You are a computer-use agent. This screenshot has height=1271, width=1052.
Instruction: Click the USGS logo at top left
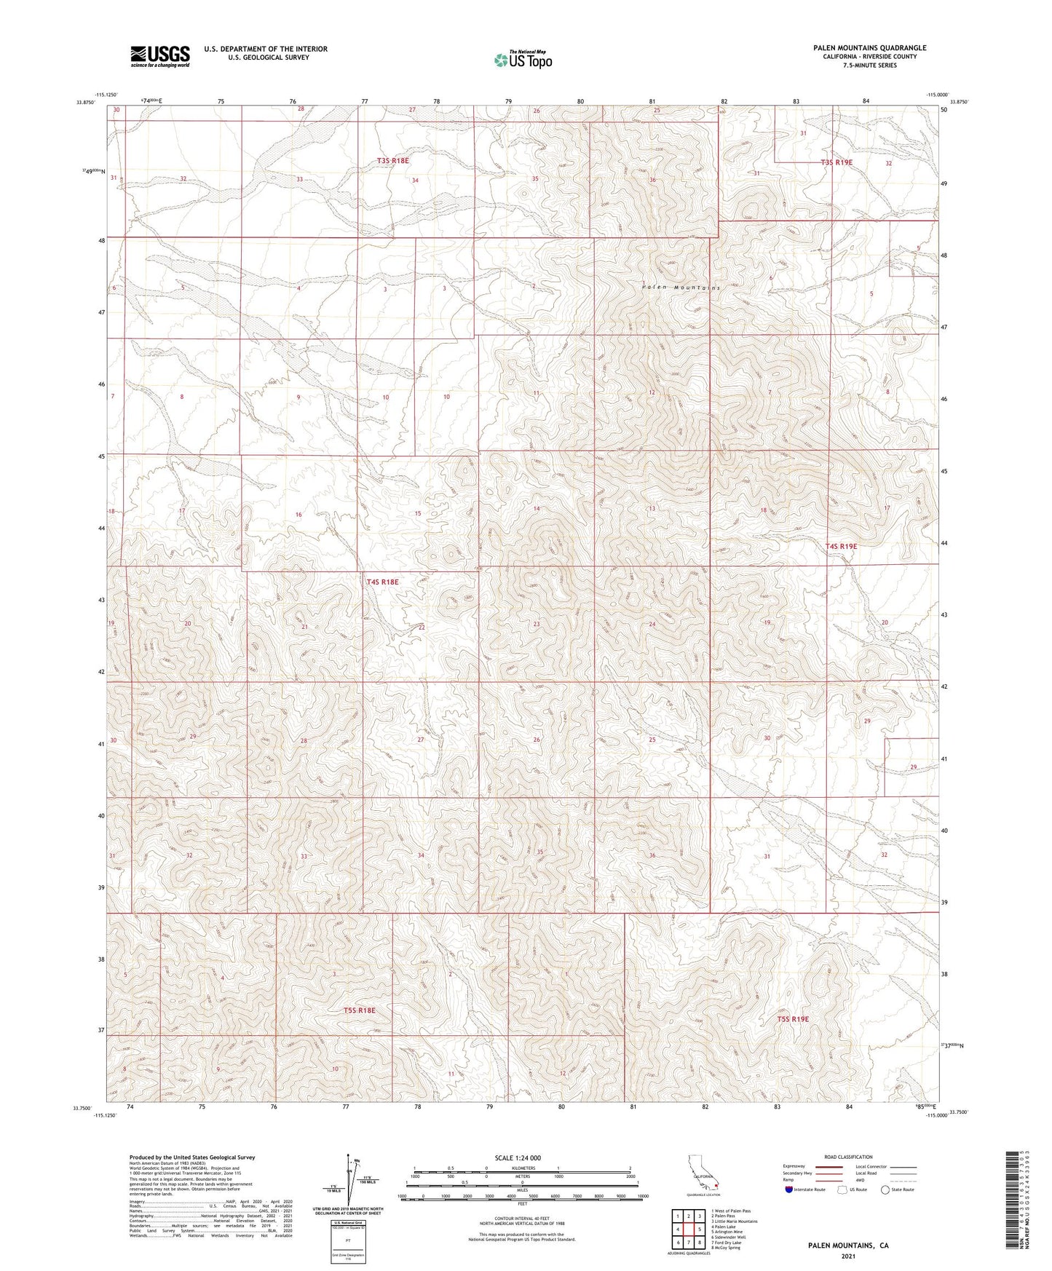(x=159, y=56)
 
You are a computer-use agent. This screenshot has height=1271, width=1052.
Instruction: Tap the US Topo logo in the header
(x=523, y=60)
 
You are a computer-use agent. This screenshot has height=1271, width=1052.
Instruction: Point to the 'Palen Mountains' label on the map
(x=681, y=288)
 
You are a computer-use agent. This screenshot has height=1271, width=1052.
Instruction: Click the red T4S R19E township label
(x=841, y=546)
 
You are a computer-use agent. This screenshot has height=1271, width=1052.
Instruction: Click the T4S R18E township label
(x=382, y=582)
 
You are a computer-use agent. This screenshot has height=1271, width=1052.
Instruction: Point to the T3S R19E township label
(x=836, y=163)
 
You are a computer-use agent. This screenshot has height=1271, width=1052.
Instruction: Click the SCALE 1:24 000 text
(x=517, y=1158)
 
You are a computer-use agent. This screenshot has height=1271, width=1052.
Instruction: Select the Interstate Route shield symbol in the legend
(x=790, y=1189)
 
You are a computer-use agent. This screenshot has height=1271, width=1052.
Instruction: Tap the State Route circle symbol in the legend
(x=885, y=1189)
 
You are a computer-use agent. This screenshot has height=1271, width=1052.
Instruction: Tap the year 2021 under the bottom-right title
(x=847, y=1256)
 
